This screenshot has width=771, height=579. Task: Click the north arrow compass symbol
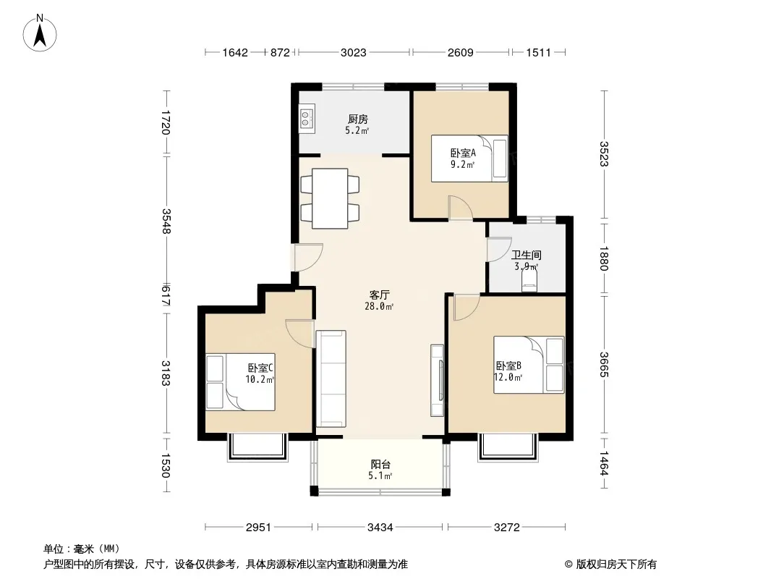coord(40,33)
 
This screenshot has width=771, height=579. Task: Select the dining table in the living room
coord(330,198)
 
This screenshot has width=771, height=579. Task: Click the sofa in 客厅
coord(331,379)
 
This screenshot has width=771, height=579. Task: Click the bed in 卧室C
coord(240,381)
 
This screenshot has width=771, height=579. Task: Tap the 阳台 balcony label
coord(380,464)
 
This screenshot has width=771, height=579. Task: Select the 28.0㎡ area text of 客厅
coord(378,306)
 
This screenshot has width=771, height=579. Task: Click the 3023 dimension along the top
coord(354,52)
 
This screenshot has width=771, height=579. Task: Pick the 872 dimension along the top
coord(280,52)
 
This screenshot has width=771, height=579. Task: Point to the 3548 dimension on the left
coord(166,221)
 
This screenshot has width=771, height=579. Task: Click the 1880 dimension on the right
coord(605,258)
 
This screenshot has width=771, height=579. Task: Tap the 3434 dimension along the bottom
coord(380,528)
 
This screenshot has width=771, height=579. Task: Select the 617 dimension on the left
coord(166,295)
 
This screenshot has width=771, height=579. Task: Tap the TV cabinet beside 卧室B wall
coord(437,380)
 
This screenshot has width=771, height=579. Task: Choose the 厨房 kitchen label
coord(358,119)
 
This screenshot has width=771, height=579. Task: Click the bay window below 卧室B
coord(508,447)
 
